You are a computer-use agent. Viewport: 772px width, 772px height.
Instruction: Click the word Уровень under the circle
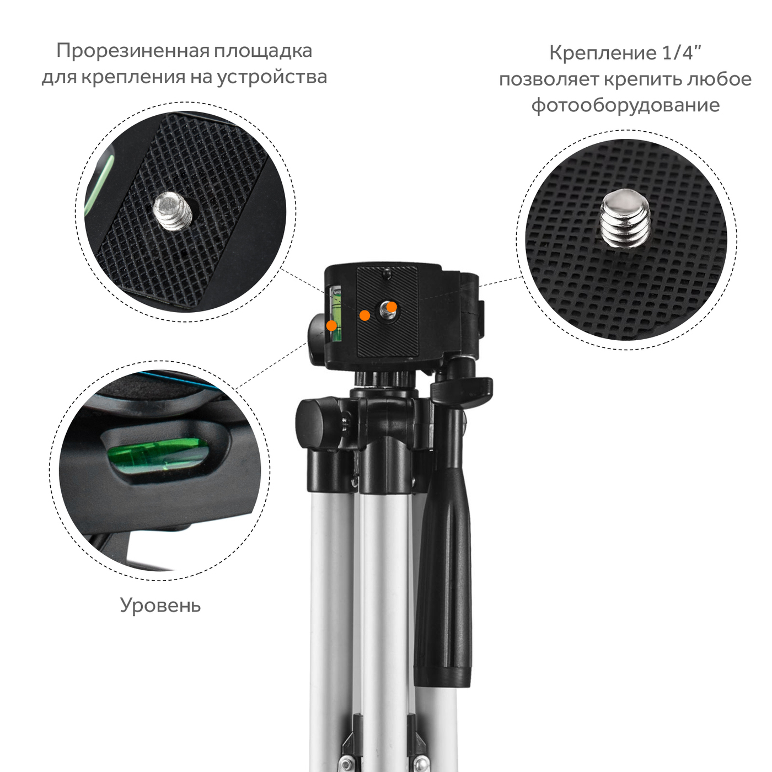pyautogui.click(x=160, y=605)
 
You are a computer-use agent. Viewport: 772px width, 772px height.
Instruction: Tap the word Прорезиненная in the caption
pyautogui.click(x=132, y=51)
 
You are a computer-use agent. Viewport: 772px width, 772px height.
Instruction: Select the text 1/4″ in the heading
pyautogui.click(x=682, y=52)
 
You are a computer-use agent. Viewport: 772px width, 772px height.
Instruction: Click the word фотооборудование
pyautogui.click(x=626, y=105)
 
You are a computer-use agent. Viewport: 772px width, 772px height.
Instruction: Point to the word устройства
pyautogui.click(x=272, y=77)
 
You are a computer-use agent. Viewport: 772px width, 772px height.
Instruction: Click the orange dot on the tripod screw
pyautogui.click(x=392, y=307)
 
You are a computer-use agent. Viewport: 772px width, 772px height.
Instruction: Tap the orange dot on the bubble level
pyautogui.click(x=331, y=325)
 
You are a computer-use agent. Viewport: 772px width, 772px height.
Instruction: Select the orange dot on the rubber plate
pyautogui.click(x=364, y=315)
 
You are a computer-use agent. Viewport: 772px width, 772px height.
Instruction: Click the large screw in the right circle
pyautogui.click(x=625, y=219)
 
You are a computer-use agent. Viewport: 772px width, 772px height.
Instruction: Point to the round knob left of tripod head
pyautogui.click(x=316, y=340)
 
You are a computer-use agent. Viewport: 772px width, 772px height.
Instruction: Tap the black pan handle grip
pyautogui.click(x=443, y=577)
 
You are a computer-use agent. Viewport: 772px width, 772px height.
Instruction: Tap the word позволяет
pyautogui.click(x=549, y=79)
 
